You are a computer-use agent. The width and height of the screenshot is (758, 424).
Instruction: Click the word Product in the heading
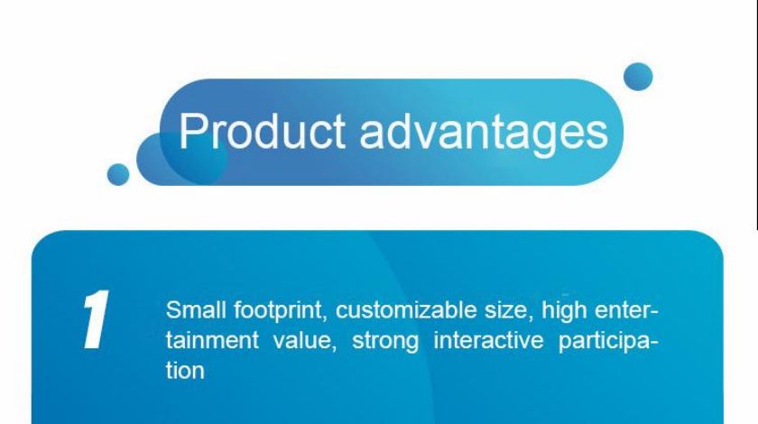[x=262, y=131]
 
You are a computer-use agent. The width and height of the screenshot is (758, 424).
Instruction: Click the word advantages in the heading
[x=484, y=134]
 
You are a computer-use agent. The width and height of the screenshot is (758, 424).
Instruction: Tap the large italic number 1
[x=96, y=319]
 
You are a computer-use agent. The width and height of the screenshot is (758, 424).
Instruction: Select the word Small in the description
[x=196, y=309]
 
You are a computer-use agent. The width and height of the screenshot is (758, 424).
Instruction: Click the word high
[x=564, y=312]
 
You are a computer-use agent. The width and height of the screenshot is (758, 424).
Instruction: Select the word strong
[x=385, y=342]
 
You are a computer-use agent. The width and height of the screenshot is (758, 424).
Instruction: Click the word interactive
[x=489, y=340]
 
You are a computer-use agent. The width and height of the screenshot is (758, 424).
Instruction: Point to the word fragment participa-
[x=608, y=342]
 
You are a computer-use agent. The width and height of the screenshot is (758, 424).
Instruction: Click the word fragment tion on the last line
[x=185, y=371]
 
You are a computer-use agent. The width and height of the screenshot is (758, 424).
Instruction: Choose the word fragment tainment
[x=213, y=340]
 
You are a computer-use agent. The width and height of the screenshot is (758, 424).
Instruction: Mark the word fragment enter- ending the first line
[x=626, y=310]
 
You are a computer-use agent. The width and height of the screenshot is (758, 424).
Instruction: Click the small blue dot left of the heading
[x=118, y=174]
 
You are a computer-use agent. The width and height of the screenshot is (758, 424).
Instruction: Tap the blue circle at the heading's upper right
[x=638, y=77]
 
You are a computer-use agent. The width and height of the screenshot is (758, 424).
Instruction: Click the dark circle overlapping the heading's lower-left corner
[x=181, y=159]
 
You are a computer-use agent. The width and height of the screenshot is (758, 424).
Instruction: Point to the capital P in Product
[x=191, y=131]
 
